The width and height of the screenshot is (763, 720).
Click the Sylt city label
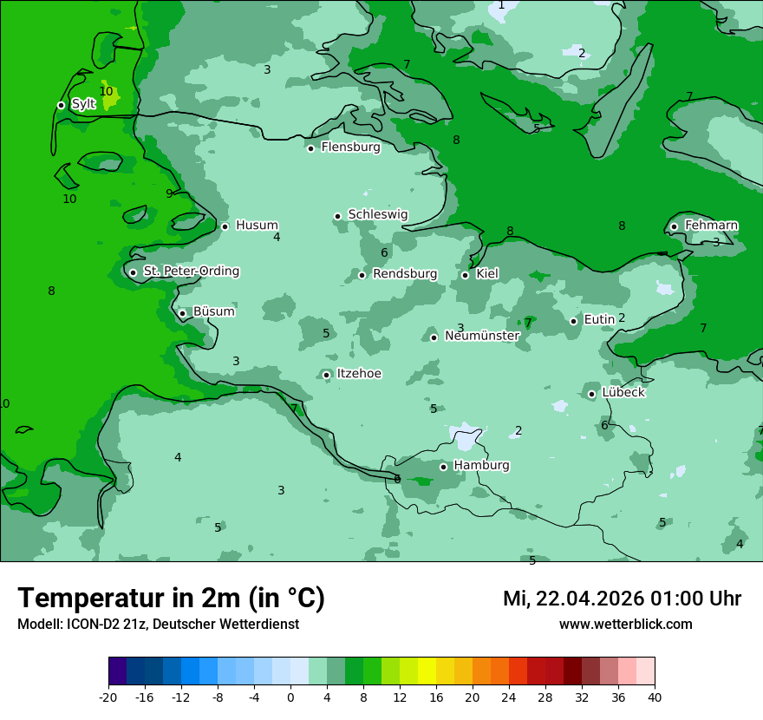pos(83,104)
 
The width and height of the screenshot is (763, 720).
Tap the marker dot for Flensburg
pos(310,148)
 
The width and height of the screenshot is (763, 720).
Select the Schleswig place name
pos(377,214)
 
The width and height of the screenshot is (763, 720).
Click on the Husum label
pos(257,226)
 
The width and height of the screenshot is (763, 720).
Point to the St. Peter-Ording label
pos(191,272)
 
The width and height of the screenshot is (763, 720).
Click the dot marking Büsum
pos(182,313)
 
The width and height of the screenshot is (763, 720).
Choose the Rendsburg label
pos(404,274)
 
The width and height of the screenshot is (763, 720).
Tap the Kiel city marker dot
pos(465,275)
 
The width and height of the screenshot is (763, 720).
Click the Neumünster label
pos(481,336)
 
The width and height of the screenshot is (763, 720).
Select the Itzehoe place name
pos(358,374)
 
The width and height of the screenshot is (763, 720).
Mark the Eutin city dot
pos(573,321)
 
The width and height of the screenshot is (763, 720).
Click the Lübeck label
pos(623,392)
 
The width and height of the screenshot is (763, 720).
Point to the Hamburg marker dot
pos(443,467)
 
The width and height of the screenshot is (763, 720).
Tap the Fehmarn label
pos(711,226)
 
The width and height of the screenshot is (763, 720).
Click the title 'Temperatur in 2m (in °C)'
pos(171,599)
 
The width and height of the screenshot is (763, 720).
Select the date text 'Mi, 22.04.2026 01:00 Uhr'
pos(622,599)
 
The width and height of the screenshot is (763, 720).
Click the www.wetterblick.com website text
pos(625,625)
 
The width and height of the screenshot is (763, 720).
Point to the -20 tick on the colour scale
pos(108,697)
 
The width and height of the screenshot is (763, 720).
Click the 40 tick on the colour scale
pos(654,697)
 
